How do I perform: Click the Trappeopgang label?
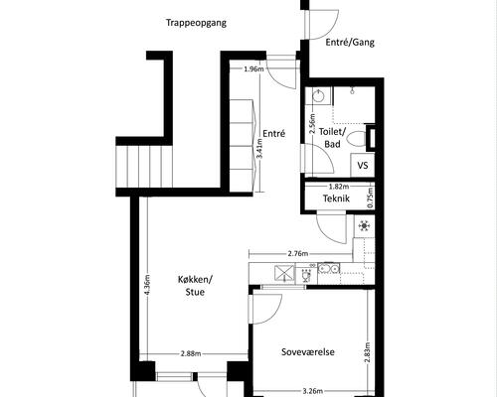coord(196,23)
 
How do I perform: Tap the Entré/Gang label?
coord(350,43)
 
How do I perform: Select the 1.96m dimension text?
coord(253,69)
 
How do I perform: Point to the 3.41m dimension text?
coord(259,148)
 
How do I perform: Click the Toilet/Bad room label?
coord(332,138)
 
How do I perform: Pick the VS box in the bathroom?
coord(363,165)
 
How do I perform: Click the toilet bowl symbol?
coord(357,139)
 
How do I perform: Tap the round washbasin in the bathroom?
coord(319,96)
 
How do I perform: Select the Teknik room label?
coord(336,198)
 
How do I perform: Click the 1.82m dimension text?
coord(339,187)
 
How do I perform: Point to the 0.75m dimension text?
coord(371,198)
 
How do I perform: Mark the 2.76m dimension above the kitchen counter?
coord(298,254)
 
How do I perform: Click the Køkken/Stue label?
coord(195,286)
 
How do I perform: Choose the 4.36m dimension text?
coord(148,285)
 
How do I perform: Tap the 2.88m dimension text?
coord(191,353)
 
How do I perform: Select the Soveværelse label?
coord(308,351)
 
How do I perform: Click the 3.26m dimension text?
coord(313,391)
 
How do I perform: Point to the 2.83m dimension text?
coord(368,352)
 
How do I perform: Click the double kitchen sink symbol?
coord(328,268)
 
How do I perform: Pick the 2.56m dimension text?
coord(312,123)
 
